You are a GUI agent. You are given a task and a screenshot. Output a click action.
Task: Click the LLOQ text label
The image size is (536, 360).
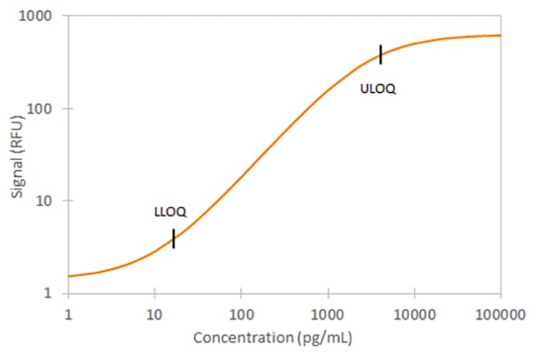[x=168, y=211]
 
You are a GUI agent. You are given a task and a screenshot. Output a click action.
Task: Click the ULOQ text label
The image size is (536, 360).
[x=378, y=89]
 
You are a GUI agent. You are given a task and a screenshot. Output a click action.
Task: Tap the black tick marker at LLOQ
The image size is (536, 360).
[x=174, y=239]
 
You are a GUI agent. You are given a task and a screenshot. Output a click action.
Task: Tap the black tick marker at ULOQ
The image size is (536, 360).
[x=381, y=55]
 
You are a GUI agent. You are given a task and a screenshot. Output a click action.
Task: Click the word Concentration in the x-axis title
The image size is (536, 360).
[x=235, y=338]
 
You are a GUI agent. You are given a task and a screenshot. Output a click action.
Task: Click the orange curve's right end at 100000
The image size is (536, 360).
[x=500, y=36]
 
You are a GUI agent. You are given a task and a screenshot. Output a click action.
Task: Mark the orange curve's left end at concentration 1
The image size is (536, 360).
[x=70, y=276]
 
